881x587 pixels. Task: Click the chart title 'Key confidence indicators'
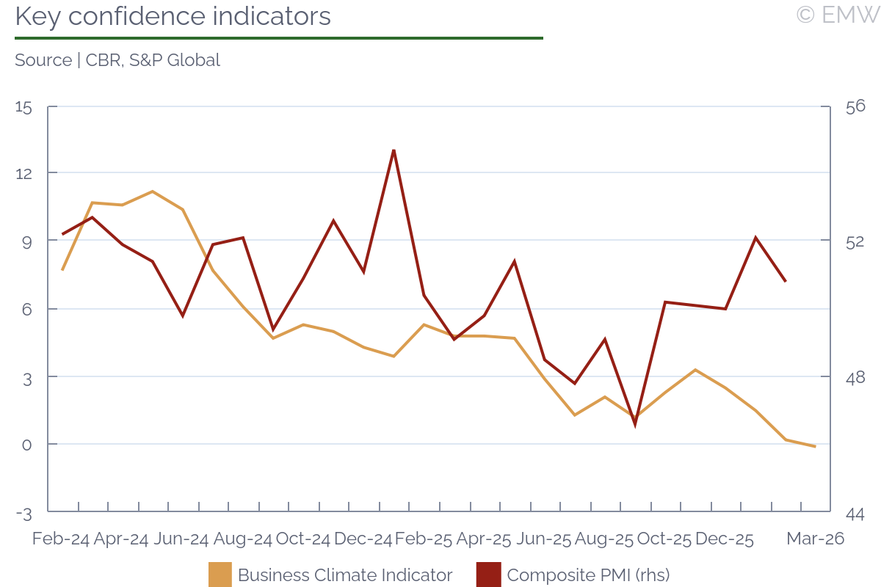tap(173, 16)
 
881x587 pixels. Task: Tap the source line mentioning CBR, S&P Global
tap(117, 60)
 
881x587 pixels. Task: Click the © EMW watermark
tap(838, 15)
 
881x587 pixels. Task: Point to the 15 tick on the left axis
tap(24, 107)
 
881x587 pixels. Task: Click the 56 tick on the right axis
tap(855, 106)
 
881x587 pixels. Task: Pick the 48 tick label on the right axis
tap(855, 377)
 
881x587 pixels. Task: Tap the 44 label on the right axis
tap(855, 513)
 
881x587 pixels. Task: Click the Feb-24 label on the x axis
tap(61, 539)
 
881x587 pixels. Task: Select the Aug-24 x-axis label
tap(242, 539)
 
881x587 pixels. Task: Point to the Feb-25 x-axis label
tap(423, 539)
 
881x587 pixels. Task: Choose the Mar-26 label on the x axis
tap(815, 539)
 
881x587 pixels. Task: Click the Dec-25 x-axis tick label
tap(725, 539)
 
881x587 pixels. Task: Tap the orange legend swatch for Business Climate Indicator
tap(220, 575)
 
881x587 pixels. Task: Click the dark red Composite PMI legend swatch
tap(488, 575)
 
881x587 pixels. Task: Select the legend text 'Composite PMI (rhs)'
tap(588, 575)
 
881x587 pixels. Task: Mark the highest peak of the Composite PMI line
tap(394, 150)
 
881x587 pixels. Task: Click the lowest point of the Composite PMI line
tap(635, 424)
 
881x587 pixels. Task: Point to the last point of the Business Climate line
tap(815, 446)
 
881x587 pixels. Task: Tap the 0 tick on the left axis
tap(28, 445)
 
